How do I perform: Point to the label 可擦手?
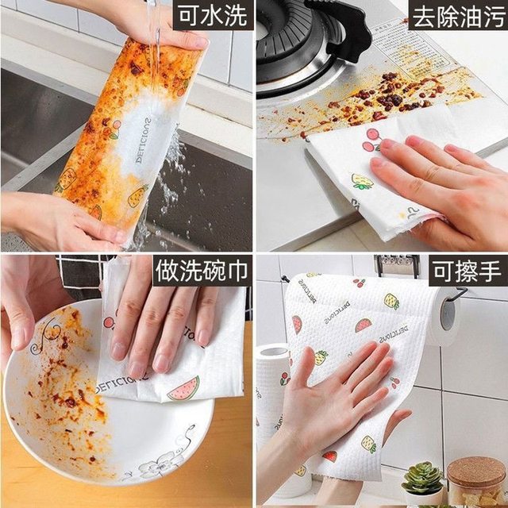coord(466,271)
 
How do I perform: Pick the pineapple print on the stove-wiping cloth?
coord(362,182)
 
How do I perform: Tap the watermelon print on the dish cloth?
coord(184,388)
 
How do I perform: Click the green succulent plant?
coord(422,479)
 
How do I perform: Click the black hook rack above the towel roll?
coord(397,265)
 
